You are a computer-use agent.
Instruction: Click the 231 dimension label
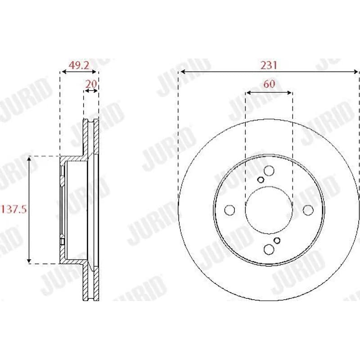click(269, 65)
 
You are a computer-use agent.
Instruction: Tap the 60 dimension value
click(269, 84)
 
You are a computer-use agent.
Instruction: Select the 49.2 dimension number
click(79, 65)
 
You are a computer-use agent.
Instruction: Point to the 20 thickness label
click(91, 84)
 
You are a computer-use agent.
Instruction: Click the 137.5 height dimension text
click(14, 209)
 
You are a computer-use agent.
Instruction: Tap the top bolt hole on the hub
click(269, 171)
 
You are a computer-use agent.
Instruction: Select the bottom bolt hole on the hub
click(269, 249)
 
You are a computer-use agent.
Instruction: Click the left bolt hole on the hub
click(229, 210)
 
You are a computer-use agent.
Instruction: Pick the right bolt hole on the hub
click(308, 210)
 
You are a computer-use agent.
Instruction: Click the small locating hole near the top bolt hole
click(261, 180)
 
